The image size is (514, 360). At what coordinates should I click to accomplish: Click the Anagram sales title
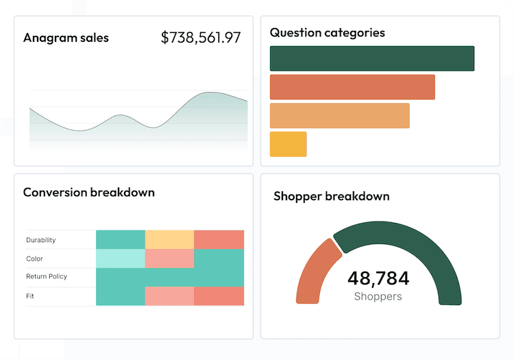pyautogui.click(x=66, y=38)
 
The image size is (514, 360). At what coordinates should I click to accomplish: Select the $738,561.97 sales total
pyautogui.click(x=201, y=38)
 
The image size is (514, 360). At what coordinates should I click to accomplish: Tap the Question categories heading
pyautogui.click(x=327, y=32)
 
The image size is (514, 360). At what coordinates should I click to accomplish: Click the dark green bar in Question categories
pyautogui.click(x=372, y=58)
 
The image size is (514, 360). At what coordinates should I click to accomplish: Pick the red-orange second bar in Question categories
pyautogui.click(x=352, y=87)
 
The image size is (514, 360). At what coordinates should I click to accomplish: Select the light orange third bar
pyautogui.click(x=339, y=116)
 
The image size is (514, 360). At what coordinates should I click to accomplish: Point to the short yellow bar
pyautogui.click(x=288, y=144)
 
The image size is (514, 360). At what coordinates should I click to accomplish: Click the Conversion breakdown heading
pyautogui.click(x=88, y=192)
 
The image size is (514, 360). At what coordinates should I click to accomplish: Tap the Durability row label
pyautogui.click(x=41, y=240)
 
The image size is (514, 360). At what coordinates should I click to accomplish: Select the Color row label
pyautogui.click(x=34, y=259)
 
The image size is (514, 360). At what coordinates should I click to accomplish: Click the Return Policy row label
pyautogui.click(x=47, y=277)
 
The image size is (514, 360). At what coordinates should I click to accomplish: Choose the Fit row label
pyautogui.click(x=30, y=296)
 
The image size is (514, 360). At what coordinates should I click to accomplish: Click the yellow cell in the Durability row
pyautogui.click(x=169, y=240)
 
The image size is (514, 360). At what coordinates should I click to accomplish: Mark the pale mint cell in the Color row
pyautogui.click(x=121, y=259)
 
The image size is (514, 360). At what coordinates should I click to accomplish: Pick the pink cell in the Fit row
pyautogui.click(x=169, y=296)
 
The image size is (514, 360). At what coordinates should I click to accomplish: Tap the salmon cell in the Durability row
pyautogui.click(x=219, y=240)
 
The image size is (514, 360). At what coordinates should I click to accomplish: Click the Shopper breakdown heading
pyautogui.click(x=331, y=196)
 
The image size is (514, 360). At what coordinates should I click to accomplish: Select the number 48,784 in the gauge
pyautogui.click(x=378, y=278)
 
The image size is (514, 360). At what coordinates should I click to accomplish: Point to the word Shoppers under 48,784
pyautogui.click(x=378, y=296)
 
